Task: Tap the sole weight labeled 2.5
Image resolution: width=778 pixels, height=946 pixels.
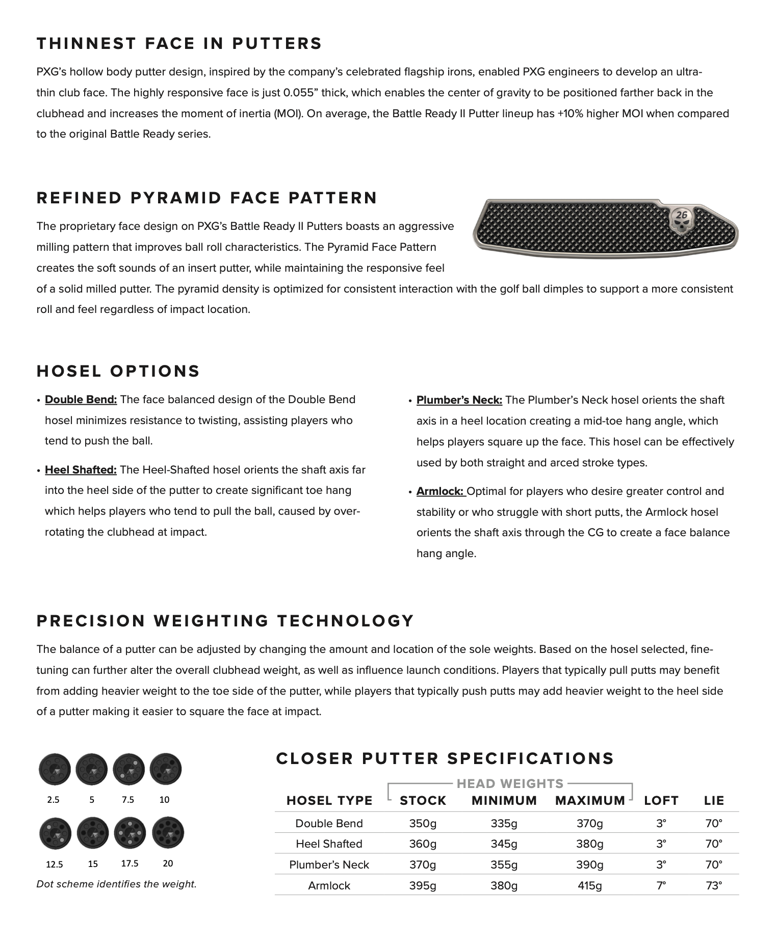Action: click(x=54, y=769)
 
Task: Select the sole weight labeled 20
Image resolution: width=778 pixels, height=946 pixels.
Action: click(x=168, y=833)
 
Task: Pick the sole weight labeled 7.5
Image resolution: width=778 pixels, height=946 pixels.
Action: click(x=128, y=769)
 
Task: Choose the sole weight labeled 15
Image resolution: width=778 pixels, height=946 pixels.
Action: click(x=93, y=833)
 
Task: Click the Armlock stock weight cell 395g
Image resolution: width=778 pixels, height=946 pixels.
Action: click(x=423, y=885)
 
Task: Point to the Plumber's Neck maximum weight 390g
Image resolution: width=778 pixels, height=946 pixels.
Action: click(x=590, y=864)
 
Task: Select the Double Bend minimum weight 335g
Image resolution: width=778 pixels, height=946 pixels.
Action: click(x=504, y=823)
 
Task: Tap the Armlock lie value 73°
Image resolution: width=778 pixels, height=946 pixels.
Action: click(x=714, y=885)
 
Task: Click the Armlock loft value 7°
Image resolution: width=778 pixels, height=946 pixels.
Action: click(x=661, y=885)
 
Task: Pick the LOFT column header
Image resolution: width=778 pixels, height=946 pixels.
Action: click(x=661, y=801)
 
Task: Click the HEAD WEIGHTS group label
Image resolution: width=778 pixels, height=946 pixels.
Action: click(x=510, y=783)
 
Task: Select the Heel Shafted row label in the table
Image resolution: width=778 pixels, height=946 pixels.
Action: click(x=329, y=844)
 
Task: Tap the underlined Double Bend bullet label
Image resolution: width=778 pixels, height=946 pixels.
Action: click(x=81, y=400)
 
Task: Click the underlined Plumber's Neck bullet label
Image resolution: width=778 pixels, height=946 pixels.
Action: click(x=459, y=400)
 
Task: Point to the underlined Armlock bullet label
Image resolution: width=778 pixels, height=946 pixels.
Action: click(x=440, y=491)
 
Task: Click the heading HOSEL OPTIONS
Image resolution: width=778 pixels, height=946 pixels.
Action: click(x=118, y=371)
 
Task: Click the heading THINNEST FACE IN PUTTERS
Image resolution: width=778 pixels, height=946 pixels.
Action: click(x=179, y=43)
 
